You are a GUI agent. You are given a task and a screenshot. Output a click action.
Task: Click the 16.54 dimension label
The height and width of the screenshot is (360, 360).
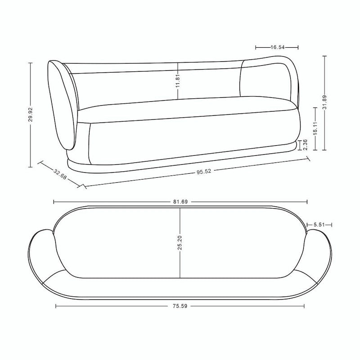tap(278, 47)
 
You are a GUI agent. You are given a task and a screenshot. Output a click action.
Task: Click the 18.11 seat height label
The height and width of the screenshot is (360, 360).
tap(315, 128)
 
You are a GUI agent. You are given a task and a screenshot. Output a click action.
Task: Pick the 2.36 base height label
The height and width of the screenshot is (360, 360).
tap(306, 144)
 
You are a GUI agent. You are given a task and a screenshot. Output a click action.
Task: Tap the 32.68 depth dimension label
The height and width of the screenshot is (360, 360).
tap(60, 174)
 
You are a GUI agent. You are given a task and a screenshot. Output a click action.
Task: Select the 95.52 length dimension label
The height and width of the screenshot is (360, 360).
tap(204, 171)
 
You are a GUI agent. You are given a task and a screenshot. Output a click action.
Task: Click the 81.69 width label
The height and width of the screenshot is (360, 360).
tap(180, 202)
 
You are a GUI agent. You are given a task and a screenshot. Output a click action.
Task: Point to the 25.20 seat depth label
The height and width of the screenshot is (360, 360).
tap(180, 243)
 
